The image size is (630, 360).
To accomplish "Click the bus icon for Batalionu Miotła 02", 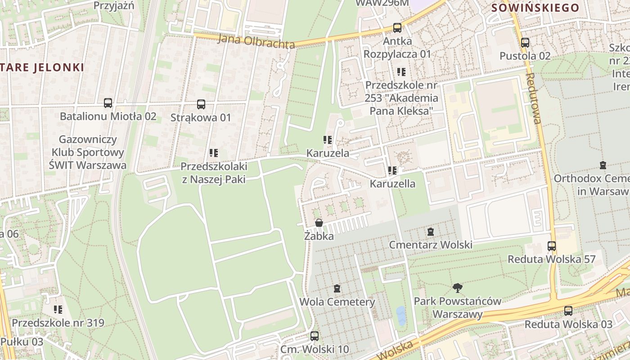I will tap(108, 103).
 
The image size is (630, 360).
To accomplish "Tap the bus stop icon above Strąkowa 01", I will tap(201, 104).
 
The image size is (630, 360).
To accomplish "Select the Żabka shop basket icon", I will tap(319, 223).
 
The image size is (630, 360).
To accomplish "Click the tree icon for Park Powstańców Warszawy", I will tap(457, 288).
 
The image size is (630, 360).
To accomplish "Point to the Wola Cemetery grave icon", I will tap(337, 288).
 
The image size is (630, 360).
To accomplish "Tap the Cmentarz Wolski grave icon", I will tap(431, 232).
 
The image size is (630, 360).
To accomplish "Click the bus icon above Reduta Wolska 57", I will tap(552, 246).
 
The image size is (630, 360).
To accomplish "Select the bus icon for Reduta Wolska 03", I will tap(568, 311).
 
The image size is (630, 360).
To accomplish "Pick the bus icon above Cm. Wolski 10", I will tap(315, 336).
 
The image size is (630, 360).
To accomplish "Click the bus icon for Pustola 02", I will tap(525, 43).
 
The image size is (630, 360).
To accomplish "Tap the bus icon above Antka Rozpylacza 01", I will tap(397, 28).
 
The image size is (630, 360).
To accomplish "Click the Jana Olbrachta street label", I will tap(256, 41).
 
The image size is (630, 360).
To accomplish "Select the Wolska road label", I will tap(395, 349).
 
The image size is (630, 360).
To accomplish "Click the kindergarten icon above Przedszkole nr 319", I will tap(58, 310).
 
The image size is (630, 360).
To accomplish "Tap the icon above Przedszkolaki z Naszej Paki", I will tap(213, 153).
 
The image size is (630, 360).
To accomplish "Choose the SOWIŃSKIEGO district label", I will tap(535, 8).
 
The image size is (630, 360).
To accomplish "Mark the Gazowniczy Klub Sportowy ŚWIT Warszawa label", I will tap(87, 152).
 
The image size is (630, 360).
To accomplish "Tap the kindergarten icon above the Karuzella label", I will tap(392, 171).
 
